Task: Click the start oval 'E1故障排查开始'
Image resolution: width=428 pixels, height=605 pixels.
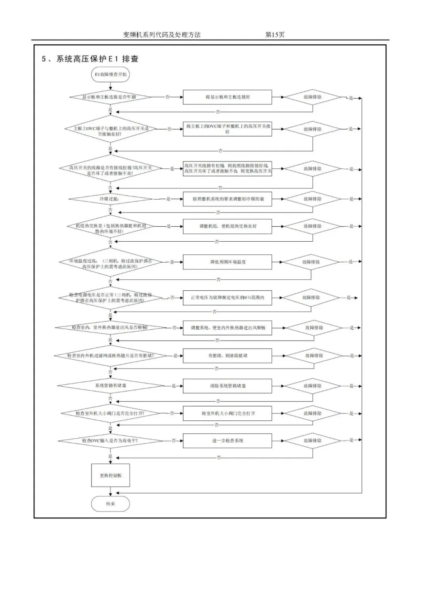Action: click(x=111, y=74)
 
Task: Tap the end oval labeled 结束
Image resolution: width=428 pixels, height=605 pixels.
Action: click(x=111, y=504)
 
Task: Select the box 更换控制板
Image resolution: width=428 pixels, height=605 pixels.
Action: click(x=111, y=475)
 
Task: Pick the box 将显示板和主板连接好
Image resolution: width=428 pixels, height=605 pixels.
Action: click(x=227, y=97)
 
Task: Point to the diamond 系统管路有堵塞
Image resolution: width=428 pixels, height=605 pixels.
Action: click(x=110, y=386)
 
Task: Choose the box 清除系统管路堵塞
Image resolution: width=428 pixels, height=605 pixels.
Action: click(x=227, y=386)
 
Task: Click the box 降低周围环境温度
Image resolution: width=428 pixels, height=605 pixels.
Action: click(x=227, y=262)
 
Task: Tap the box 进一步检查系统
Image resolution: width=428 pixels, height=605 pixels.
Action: click(x=227, y=441)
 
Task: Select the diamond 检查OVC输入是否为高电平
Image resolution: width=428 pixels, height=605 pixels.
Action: click(x=110, y=441)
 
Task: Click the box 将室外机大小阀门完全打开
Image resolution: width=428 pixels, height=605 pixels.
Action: click(x=227, y=413)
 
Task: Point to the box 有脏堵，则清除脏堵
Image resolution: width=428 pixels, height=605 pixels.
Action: click(x=227, y=356)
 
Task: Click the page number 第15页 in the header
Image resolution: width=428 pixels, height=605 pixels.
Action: click(x=275, y=35)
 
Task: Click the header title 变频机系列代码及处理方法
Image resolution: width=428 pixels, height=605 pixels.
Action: click(x=162, y=35)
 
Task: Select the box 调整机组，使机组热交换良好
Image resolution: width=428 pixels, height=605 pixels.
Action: click(x=227, y=226)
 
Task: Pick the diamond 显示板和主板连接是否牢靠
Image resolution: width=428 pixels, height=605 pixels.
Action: click(x=110, y=97)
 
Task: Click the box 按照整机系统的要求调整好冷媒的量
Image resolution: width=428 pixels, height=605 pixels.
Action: click(x=227, y=199)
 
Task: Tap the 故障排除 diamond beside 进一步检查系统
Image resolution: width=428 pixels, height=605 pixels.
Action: click(x=313, y=441)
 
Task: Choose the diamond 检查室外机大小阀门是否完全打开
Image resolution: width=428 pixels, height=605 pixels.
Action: click(x=110, y=413)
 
